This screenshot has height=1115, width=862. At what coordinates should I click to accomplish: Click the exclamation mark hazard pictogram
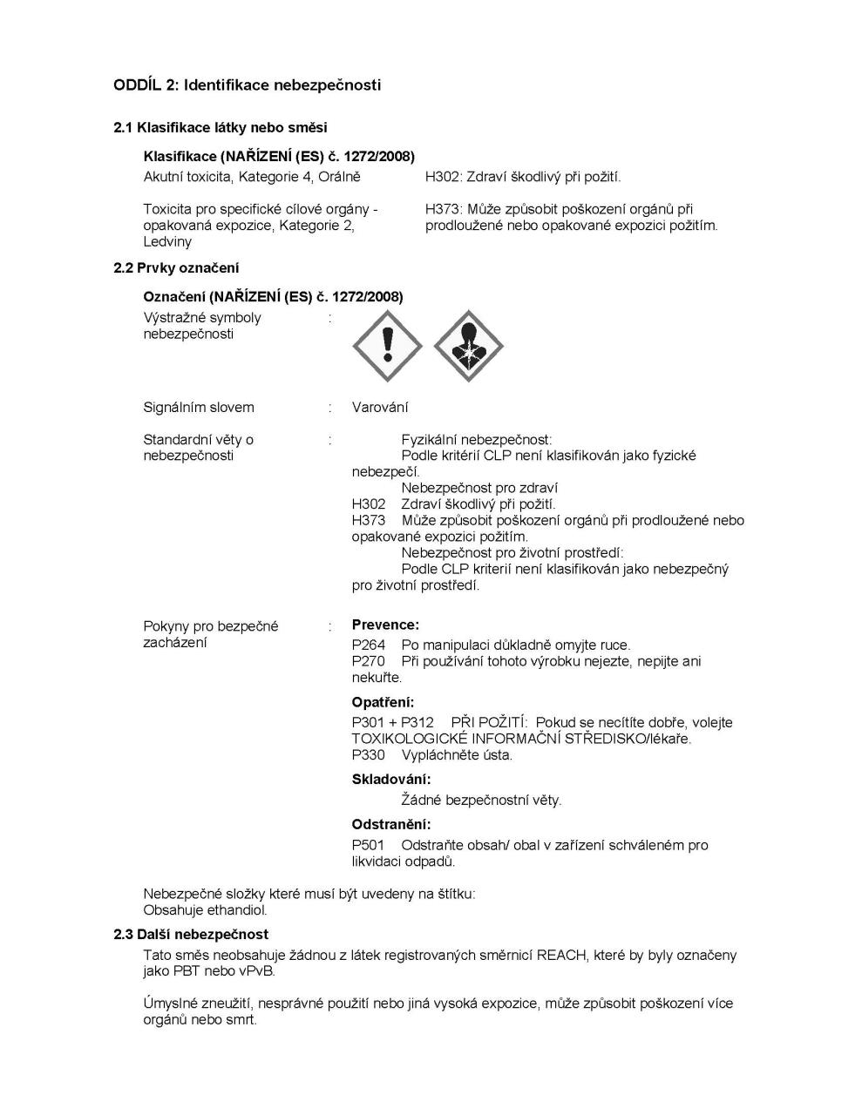tap(387, 346)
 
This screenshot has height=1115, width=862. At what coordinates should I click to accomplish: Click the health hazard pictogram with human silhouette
tap(469, 346)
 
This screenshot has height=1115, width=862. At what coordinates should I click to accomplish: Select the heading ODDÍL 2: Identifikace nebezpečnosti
tap(247, 85)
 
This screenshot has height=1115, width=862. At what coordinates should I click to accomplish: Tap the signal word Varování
tap(380, 407)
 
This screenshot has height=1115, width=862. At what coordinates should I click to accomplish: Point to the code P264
tap(368, 645)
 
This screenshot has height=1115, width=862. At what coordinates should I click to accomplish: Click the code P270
tap(368, 661)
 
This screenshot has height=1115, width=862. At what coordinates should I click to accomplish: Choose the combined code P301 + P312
tap(392, 722)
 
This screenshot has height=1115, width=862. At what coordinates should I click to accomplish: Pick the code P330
tap(368, 755)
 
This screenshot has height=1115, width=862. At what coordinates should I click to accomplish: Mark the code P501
tap(368, 845)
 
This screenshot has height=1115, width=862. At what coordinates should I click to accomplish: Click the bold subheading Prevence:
tap(385, 625)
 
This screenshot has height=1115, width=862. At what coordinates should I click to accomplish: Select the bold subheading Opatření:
tap(383, 702)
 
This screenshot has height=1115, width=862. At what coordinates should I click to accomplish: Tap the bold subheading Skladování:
tap(391, 780)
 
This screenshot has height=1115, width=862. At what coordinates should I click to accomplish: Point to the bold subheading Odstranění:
tap(391, 824)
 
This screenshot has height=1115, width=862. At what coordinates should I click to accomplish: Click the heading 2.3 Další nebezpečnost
tap(191, 935)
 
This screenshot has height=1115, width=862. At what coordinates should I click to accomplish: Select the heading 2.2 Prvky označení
tap(176, 268)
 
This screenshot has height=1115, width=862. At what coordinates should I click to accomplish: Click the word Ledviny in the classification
tap(167, 241)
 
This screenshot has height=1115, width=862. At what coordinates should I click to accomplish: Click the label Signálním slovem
tap(199, 407)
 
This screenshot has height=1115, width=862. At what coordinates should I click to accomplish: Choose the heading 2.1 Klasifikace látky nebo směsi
tap(221, 128)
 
